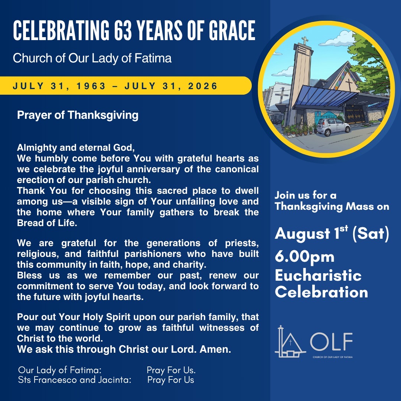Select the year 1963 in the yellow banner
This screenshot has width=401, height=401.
[91, 86]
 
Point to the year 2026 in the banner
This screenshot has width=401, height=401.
[203, 86]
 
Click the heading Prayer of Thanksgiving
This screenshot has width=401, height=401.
[78, 115]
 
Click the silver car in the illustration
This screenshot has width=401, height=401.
[333, 126]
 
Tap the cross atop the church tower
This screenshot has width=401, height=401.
[304, 40]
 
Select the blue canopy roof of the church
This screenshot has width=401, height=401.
[325, 97]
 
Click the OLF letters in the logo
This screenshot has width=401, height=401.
[332, 342]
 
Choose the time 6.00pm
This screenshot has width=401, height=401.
[304, 257]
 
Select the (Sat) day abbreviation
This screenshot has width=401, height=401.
[371, 234]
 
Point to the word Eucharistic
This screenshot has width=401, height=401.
[318, 276]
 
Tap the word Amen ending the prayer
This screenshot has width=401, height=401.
[215, 349]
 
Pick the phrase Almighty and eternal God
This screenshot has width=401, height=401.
[76, 148]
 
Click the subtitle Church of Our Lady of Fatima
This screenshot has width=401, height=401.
[92, 58]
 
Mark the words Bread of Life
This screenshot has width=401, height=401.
[47, 223]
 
